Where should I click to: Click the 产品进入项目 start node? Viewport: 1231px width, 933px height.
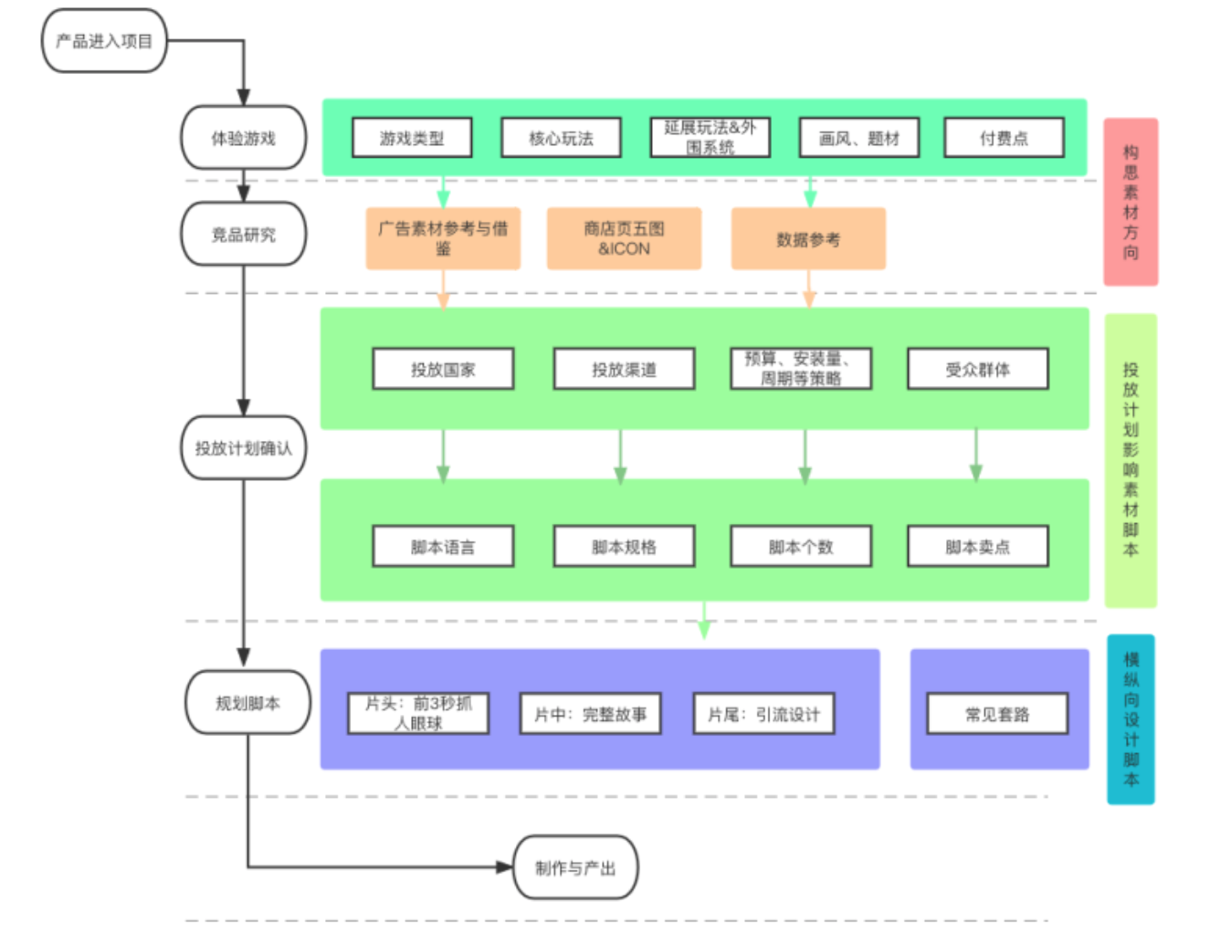coord(104,41)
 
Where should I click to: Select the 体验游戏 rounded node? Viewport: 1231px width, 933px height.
coord(244,138)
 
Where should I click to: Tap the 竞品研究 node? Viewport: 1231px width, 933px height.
coord(244,235)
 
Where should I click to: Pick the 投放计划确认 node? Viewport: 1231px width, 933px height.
coord(244,448)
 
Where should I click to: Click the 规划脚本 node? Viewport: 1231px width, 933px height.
coord(247,703)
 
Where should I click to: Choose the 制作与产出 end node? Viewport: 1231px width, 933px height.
coord(575,867)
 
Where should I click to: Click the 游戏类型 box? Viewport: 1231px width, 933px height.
coord(412,138)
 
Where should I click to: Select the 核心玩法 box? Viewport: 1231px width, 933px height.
coord(561,138)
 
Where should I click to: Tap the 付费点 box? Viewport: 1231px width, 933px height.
coord(1004,138)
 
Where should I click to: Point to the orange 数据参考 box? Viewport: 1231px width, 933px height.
coord(808,239)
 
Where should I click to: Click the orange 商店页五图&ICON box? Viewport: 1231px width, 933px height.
coord(624,239)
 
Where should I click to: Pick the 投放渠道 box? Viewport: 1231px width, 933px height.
coord(624,369)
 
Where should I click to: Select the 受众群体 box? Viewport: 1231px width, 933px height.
coord(977,369)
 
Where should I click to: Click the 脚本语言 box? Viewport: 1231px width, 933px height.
coord(443,546)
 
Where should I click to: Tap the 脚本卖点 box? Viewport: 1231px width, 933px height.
coord(977,546)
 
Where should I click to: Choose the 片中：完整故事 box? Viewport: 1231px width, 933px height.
coord(590,714)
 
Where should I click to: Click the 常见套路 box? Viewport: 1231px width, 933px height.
coord(997,714)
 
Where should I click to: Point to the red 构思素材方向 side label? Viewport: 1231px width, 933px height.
coord(1131,202)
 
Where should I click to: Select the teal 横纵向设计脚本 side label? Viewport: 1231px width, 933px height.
coord(1131,719)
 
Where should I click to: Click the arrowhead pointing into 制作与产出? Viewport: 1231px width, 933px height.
coord(505,867)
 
